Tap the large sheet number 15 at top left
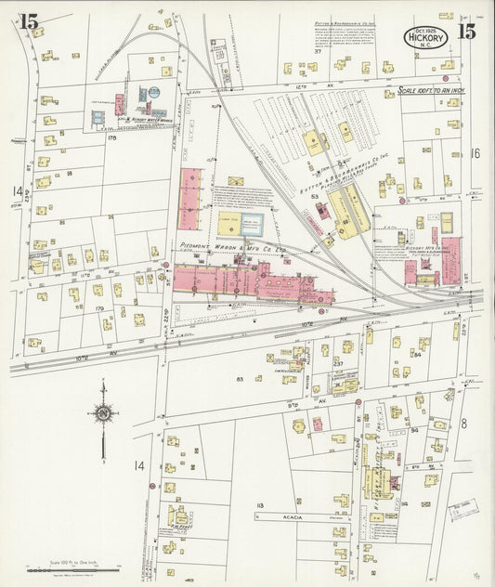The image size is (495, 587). pyautogui.click(x=30, y=21)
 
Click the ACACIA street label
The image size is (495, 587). pyautogui.click(x=287, y=515)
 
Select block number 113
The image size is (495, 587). pyautogui.click(x=260, y=505)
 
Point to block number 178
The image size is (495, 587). pyautogui.click(x=112, y=137)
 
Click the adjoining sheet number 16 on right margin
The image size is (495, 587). pyautogui.click(x=477, y=153)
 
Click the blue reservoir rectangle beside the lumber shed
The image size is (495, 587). pyautogui.click(x=253, y=223)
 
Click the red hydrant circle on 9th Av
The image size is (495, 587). pyautogui.click(x=358, y=402)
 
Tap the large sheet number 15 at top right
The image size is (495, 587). pyautogui.click(x=466, y=31)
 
